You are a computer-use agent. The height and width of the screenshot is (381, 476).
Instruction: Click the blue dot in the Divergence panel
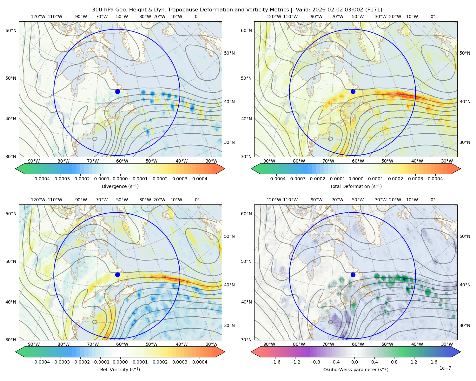[x=117, y=91]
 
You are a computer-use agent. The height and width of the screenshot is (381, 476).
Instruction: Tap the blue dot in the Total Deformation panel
[x=353, y=91]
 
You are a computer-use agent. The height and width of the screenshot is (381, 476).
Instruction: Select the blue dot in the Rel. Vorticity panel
[x=117, y=275]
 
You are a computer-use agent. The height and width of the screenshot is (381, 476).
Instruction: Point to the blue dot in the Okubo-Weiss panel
[x=353, y=275]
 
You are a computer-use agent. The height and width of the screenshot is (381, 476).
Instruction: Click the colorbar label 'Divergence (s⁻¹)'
[x=120, y=186]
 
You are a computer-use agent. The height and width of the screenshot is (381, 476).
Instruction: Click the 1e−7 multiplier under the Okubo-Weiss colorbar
[x=445, y=368]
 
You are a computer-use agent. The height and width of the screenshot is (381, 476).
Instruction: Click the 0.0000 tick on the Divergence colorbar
[x=120, y=179]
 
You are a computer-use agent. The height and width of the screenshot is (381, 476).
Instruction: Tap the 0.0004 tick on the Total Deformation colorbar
[x=435, y=179]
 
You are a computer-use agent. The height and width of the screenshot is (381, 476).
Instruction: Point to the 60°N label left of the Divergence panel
[x=11, y=30]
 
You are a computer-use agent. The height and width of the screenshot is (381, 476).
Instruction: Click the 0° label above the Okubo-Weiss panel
[x=433, y=200]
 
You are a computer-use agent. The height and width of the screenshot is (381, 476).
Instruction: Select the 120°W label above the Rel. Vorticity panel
[x=38, y=200]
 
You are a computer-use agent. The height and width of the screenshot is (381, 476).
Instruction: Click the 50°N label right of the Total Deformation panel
[x=465, y=53]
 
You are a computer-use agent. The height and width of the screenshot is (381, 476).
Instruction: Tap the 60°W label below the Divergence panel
[x=122, y=161]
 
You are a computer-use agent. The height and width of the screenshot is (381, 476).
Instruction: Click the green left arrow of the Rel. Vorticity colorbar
[x=20, y=352]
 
